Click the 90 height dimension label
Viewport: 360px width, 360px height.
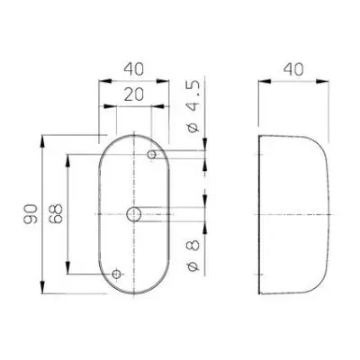[x=31, y=214]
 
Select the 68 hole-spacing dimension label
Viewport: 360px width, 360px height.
[x=56, y=213]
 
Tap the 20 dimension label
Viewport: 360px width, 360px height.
[x=134, y=94]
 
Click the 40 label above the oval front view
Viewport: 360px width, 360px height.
[x=134, y=69]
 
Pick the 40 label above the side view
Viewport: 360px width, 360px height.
[x=293, y=69]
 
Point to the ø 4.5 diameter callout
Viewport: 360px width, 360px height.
[x=193, y=107]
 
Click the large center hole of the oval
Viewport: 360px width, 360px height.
[x=134, y=214]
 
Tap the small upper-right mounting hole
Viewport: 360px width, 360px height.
[x=152, y=155]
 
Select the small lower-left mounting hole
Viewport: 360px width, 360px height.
[x=116, y=274]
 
